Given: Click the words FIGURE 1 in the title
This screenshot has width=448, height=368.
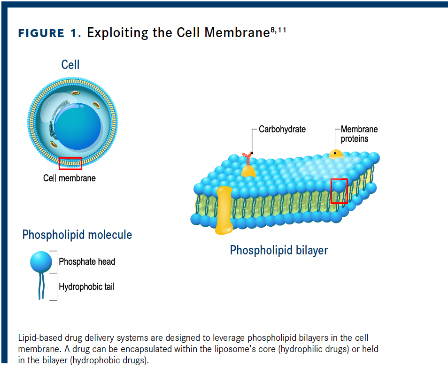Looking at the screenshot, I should tap(41, 33).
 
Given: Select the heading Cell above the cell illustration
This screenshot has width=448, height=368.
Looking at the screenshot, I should tap(70, 65).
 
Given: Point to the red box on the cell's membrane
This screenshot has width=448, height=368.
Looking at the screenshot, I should tap(70, 163).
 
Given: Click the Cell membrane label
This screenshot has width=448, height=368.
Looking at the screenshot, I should tap(70, 178).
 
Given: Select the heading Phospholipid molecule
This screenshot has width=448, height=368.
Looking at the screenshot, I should tap(77, 235).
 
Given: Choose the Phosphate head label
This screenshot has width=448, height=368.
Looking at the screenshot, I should tap(87, 262).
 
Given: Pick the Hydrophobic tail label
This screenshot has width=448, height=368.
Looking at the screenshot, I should tap(86, 286).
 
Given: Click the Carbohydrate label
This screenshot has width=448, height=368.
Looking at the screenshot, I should tap(282, 129).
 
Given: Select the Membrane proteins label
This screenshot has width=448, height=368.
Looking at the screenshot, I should tap(359, 134).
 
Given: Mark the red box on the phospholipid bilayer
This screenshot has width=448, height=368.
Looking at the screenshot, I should tap(339, 191).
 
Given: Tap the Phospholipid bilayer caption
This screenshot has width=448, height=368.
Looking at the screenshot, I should tap(279, 250).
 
